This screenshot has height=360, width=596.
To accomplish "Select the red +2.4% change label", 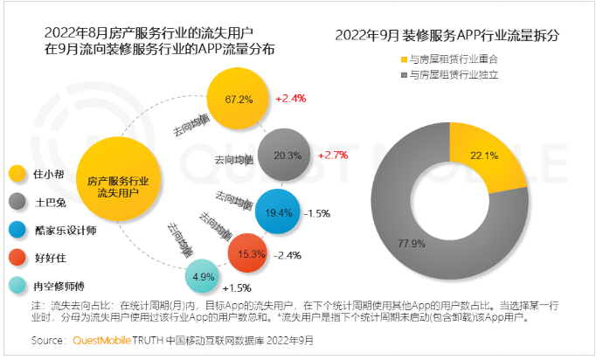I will click(290, 99).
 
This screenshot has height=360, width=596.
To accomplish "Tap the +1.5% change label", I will click(238, 287).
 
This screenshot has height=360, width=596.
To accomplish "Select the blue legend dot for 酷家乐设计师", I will click(16, 228).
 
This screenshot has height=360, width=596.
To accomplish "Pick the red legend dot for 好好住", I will click(16, 257).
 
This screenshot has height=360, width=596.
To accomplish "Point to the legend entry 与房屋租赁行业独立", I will click(454, 75).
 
